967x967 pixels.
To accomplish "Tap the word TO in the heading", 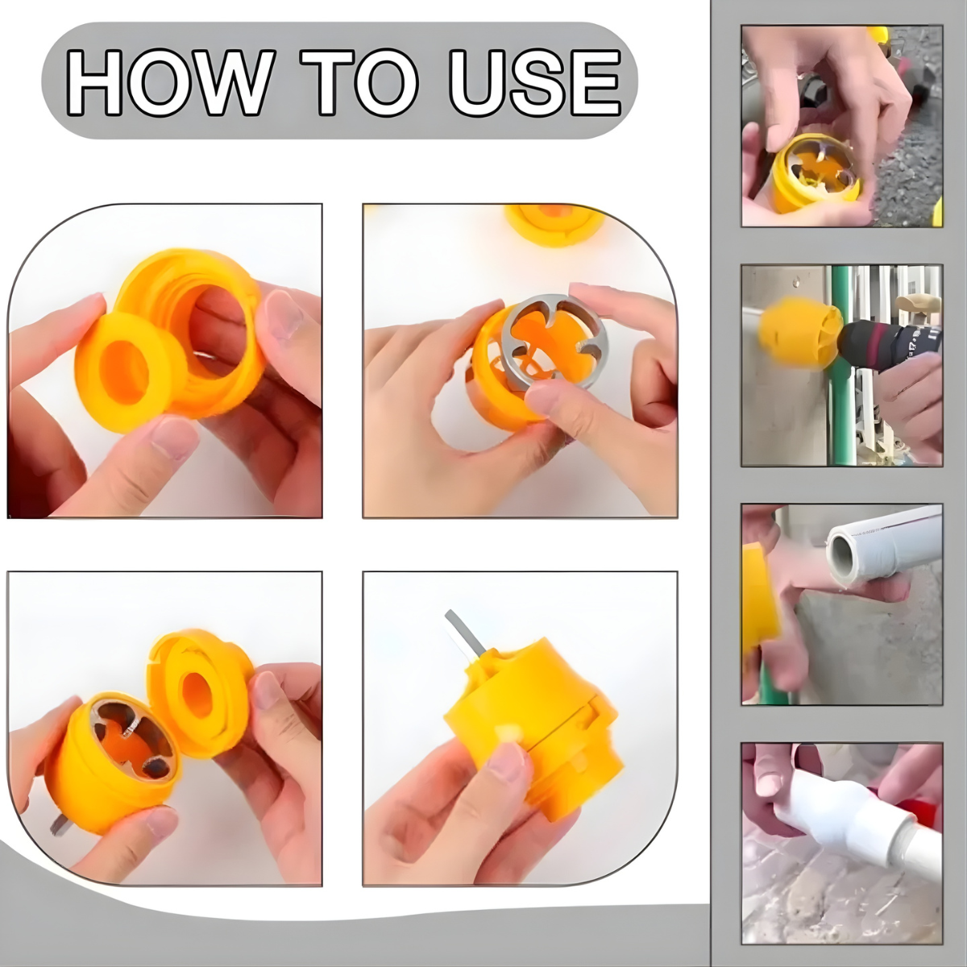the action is (359, 82).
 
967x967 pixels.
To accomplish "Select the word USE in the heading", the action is (535, 82).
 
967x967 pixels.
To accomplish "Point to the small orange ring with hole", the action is (126, 371).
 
